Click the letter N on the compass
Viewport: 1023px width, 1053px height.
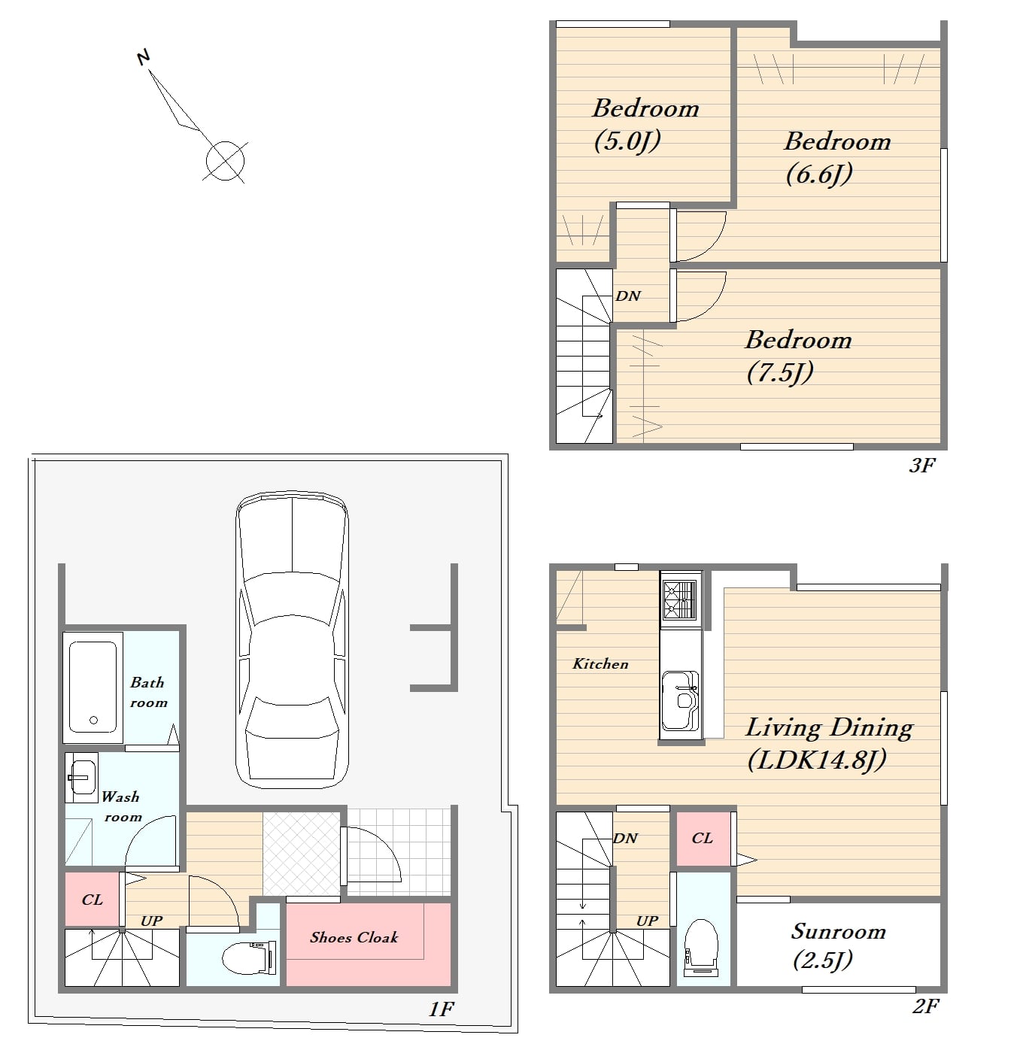pyautogui.click(x=144, y=57)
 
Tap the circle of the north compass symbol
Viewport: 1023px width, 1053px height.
pyautogui.click(x=225, y=161)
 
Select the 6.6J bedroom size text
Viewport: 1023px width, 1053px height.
pyautogui.click(x=819, y=174)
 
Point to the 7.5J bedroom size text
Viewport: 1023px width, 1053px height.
pyautogui.click(x=780, y=373)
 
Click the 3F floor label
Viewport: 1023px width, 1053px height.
pyautogui.click(x=922, y=466)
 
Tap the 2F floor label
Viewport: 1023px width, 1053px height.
pyautogui.click(x=925, y=1006)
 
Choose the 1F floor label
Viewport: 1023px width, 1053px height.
pyautogui.click(x=441, y=1009)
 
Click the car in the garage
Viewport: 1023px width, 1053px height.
pyautogui.click(x=292, y=639)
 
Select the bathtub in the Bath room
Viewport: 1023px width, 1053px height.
pyautogui.click(x=93, y=687)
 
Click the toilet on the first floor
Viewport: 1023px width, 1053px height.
pyautogui.click(x=250, y=957)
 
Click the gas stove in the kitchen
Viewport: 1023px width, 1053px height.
pyautogui.click(x=681, y=599)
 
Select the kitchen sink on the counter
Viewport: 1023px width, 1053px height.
pyautogui.click(x=681, y=701)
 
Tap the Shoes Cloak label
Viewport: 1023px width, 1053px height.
pyautogui.click(x=354, y=937)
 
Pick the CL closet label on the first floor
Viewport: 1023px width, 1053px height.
pyautogui.click(x=92, y=900)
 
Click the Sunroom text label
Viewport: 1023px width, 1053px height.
pyautogui.click(x=839, y=931)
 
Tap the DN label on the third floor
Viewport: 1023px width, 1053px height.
pyautogui.click(x=628, y=296)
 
